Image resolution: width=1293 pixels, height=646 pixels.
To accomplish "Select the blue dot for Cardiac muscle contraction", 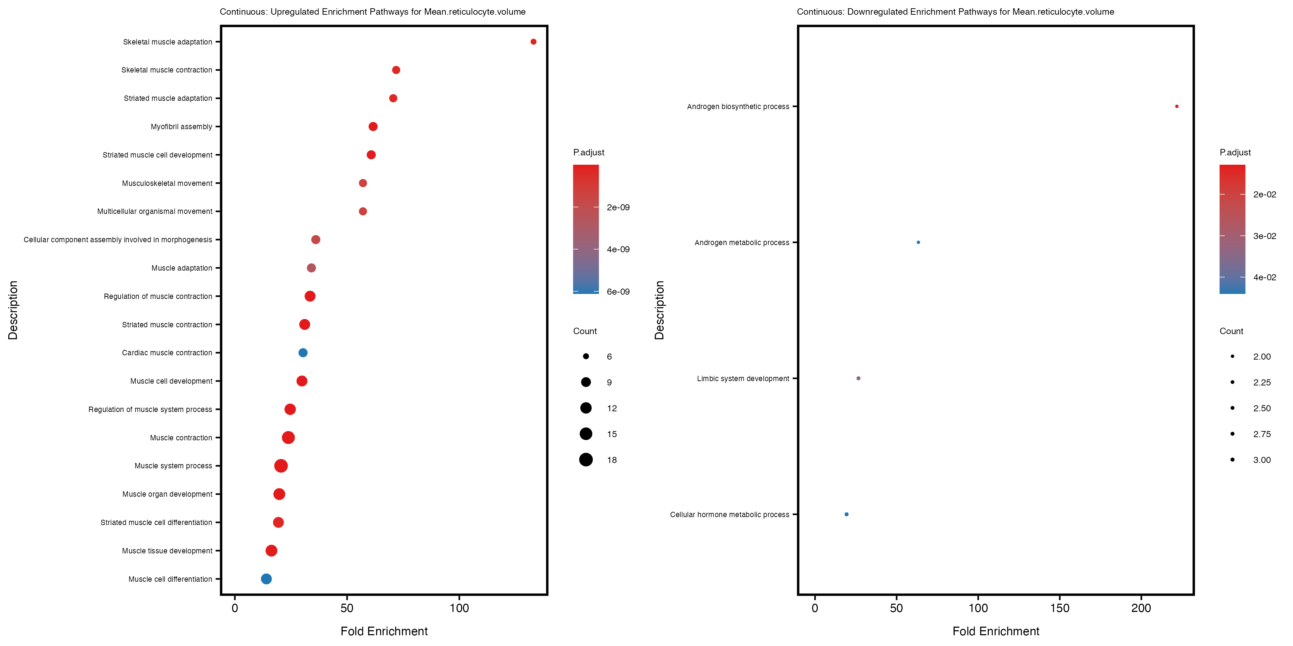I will [303, 352].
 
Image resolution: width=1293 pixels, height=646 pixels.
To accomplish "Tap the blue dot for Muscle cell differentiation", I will [267, 579].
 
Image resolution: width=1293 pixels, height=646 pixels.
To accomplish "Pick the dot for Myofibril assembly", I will [373, 126].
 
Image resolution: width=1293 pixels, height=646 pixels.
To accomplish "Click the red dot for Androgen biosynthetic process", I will [1177, 106].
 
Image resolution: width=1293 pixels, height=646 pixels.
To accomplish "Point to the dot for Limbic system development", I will [858, 378].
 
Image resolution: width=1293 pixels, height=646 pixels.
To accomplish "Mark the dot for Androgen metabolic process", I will [918, 242].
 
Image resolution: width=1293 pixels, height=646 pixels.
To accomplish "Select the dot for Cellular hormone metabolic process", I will [846, 514].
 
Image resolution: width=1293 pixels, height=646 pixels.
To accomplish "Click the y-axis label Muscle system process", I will [173, 466].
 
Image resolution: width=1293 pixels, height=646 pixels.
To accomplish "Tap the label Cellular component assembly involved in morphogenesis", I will [118, 240].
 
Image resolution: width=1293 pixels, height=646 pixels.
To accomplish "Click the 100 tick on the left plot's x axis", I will [459, 608].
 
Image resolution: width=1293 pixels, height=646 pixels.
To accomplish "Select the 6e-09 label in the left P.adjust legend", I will [618, 292].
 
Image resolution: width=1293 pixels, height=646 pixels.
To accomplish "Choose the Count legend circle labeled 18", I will [586, 459].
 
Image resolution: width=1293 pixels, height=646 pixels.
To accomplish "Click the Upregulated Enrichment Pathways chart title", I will [372, 11].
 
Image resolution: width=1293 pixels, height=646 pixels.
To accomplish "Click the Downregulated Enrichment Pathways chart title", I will [955, 11].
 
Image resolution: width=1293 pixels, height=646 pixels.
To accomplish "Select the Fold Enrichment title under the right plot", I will [996, 631].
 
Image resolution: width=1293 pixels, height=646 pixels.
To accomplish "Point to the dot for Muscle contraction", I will [288, 438].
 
